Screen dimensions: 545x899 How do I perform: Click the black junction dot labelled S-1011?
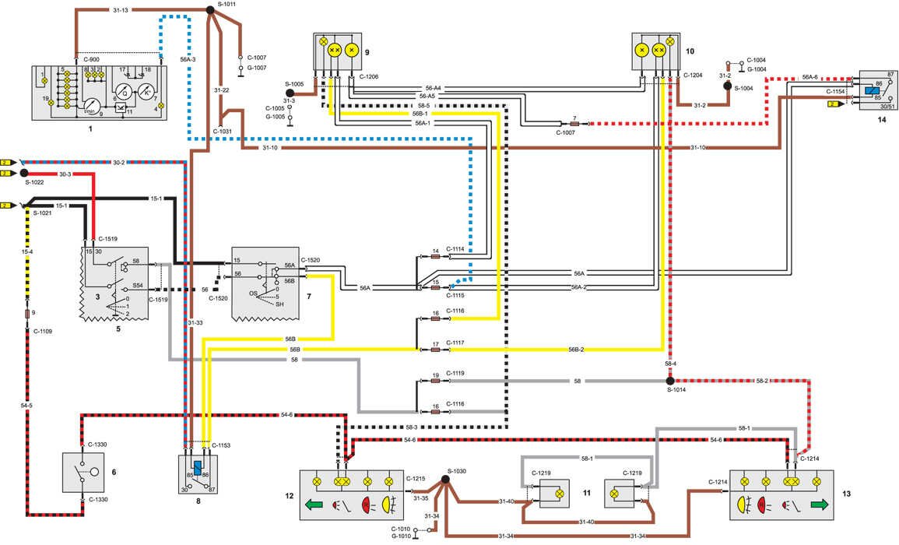coord(210,9)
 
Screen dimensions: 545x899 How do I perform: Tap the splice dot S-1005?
coord(290,91)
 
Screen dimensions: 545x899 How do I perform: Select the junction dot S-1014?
coord(669,380)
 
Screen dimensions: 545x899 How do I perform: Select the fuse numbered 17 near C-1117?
coord(436,350)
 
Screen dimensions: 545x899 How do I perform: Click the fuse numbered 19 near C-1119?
coord(436,381)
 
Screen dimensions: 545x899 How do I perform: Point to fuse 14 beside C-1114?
coord(436,256)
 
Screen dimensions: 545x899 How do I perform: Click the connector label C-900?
coord(91,59)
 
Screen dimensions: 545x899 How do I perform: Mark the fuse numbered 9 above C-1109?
coord(27,313)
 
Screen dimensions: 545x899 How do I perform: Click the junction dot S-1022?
coord(24,173)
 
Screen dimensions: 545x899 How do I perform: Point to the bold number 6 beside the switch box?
coord(114,472)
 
